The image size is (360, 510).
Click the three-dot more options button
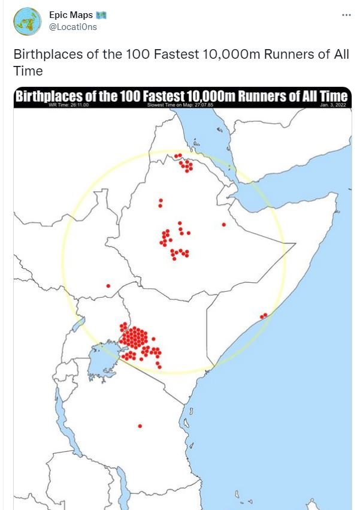point(346,14)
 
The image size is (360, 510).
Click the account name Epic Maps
point(67,14)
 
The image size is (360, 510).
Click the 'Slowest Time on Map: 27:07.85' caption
point(180,105)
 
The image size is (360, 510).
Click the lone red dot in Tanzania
point(140,426)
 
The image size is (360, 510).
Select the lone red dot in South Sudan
point(108,286)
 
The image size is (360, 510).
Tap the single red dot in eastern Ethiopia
point(223,225)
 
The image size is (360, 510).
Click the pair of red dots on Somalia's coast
point(263,315)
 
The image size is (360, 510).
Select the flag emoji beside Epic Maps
point(101,14)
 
